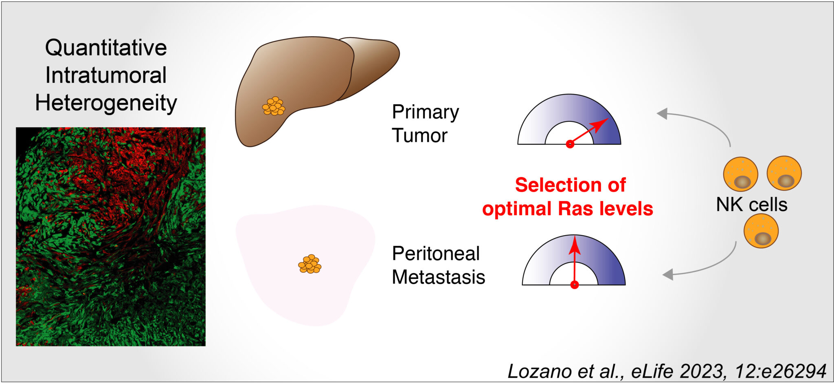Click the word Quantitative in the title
pos(106,48)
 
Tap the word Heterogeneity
pos(106,103)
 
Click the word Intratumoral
pos(106,75)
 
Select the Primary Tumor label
pos(425,124)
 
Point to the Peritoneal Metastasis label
pos(438,265)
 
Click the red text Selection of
pos(570,185)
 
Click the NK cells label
pos(751,205)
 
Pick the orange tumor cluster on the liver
pos(274,106)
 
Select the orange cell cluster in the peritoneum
pos(309,264)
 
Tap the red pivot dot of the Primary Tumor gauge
pos(570,144)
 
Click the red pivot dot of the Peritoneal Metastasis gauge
pos(574,285)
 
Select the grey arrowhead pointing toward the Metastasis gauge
pos(668,275)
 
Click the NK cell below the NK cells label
pos(761,231)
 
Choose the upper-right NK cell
pos(784,173)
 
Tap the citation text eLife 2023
pos(680,371)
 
